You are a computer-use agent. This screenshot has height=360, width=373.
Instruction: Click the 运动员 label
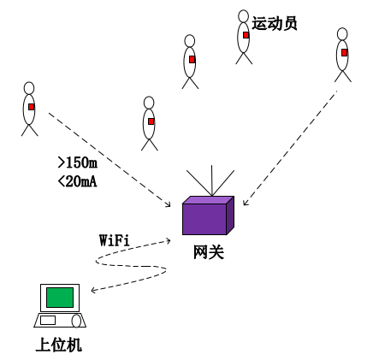(275, 23)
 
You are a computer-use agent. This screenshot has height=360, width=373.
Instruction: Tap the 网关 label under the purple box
(209, 252)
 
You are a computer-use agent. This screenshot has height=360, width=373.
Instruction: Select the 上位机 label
(59, 345)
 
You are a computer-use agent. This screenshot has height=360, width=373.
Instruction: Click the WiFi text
(115, 240)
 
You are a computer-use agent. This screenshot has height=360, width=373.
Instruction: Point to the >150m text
(78, 162)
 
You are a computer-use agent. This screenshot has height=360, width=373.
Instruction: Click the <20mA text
(78, 181)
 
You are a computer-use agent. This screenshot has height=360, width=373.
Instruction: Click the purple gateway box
(208, 215)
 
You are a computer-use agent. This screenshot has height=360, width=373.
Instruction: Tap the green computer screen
(60, 298)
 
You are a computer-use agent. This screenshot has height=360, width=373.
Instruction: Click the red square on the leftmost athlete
(32, 107)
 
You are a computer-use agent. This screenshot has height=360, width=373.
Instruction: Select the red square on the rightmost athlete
(345, 52)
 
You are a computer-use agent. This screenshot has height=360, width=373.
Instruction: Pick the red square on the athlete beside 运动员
(246, 35)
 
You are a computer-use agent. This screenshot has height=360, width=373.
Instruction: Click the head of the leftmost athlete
(29, 88)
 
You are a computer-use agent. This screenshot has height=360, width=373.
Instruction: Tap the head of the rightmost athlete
(342, 34)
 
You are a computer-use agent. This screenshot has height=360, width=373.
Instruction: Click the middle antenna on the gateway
(211, 180)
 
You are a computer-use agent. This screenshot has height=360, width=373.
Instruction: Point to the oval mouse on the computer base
(76, 322)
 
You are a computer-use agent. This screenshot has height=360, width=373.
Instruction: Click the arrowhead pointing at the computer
(93, 291)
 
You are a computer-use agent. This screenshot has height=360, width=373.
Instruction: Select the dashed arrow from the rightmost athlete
(290, 148)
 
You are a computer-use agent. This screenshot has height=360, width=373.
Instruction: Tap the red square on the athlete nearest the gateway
(151, 121)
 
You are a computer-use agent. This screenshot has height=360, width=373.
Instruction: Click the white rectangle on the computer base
(48, 320)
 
